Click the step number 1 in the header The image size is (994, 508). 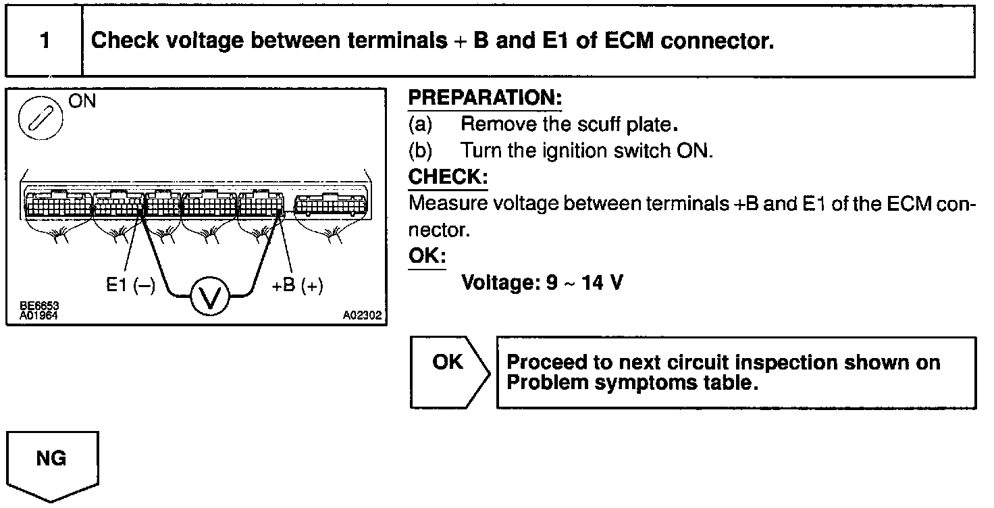(45, 41)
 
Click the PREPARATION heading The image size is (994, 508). (485, 98)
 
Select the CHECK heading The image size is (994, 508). (448, 177)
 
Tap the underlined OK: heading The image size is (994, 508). (427, 257)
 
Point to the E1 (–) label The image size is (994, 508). (130, 286)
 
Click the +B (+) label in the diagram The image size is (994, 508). (297, 286)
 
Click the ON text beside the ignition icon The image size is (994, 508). (82, 102)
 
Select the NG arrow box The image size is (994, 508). (52, 463)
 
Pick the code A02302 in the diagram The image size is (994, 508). (362, 315)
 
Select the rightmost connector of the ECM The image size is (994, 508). (332, 203)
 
